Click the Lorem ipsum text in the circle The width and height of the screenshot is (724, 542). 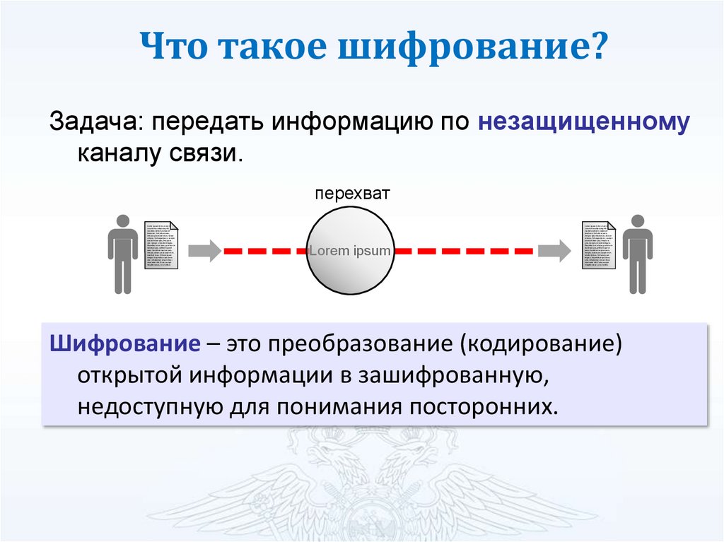(350, 250)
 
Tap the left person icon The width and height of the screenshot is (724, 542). (123, 254)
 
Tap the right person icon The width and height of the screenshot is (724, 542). (637, 254)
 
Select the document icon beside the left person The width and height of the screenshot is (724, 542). (162, 244)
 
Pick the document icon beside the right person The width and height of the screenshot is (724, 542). (598, 244)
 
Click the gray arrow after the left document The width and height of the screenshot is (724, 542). (206, 250)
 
